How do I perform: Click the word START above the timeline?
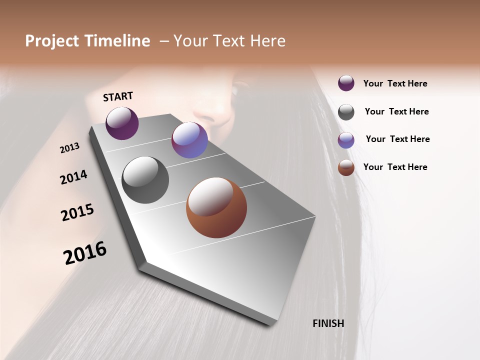[118, 96]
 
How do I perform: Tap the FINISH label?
[328, 323]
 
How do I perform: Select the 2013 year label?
[70, 148]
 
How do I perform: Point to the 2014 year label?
[74, 177]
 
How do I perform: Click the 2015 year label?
[77, 212]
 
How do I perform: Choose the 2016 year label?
[85, 253]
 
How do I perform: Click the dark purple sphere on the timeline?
[122, 123]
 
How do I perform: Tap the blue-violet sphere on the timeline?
[189, 140]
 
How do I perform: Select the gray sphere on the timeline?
[145, 179]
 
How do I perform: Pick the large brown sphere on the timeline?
[216, 207]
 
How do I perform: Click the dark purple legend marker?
[346, 83]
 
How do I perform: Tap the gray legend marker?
[346, 112]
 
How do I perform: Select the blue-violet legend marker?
[346, 140]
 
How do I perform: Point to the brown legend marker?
[346, 167]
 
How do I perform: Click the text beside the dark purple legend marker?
[395, 83]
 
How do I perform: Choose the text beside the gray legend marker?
[396, 111]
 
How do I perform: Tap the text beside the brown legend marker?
[395, 167]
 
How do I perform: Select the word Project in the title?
[52, 41]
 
